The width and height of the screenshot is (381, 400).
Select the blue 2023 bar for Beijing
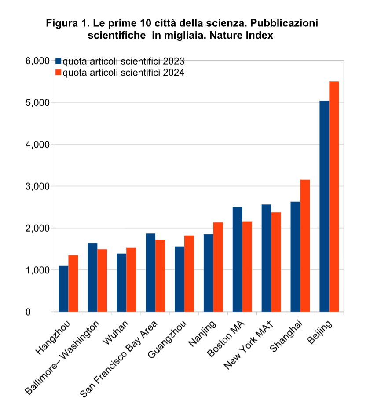coord(324,206)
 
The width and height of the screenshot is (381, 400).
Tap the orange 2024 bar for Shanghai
coord(305,246)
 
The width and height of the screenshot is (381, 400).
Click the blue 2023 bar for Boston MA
coord(238,259)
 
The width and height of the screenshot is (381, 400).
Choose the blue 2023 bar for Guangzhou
coord(180,279)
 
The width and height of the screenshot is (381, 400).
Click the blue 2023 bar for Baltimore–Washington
coord(92,277)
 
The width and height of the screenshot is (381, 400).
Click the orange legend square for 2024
coord(58,73)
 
